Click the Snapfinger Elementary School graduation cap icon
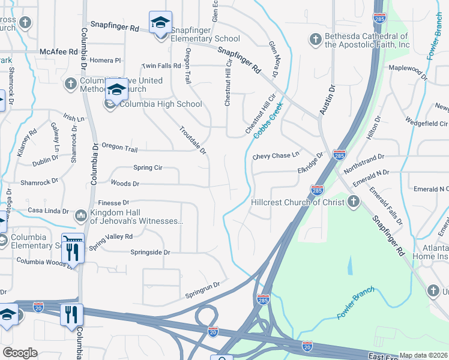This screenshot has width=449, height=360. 160,23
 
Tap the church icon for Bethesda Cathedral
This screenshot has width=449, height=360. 315,40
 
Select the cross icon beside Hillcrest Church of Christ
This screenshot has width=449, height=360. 354,202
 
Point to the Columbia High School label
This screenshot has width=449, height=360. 160,104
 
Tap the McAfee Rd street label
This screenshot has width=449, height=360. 59,52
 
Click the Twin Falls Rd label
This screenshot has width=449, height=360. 161,65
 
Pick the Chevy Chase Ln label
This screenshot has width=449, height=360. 276,156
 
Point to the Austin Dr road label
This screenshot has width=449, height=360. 326,100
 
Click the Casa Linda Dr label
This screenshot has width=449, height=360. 48,211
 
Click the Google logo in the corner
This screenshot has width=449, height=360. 20,352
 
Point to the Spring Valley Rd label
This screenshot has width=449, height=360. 111,238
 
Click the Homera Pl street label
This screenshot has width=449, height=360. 105,61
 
